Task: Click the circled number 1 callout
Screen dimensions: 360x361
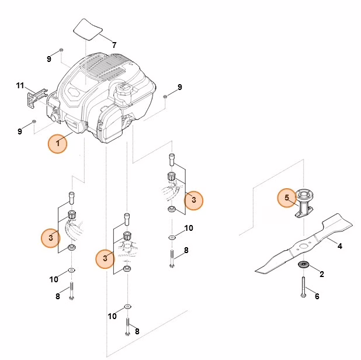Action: [x=57, y=143]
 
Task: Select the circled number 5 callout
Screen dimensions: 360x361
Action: [x=286, y=198]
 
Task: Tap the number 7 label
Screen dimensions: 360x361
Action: [x=114, y=44]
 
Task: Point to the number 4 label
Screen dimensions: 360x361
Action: [x=339, y=246]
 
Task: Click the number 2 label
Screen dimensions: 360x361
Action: [x=321, y=274]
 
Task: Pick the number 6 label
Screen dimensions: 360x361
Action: [x=317, y=296]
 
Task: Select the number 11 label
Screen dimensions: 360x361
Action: [x=20, y=86]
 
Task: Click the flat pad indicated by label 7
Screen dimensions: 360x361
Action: [x=87, y=27]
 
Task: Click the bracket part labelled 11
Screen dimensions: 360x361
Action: [x=36, y=98]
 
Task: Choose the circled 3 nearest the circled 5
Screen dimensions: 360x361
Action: [x=193, y=200]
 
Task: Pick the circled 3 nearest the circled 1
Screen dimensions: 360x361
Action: [x=51, y=237]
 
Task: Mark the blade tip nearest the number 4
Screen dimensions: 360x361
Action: [x=348, y=221]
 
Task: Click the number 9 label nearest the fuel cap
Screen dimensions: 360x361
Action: [x=179, y=87]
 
